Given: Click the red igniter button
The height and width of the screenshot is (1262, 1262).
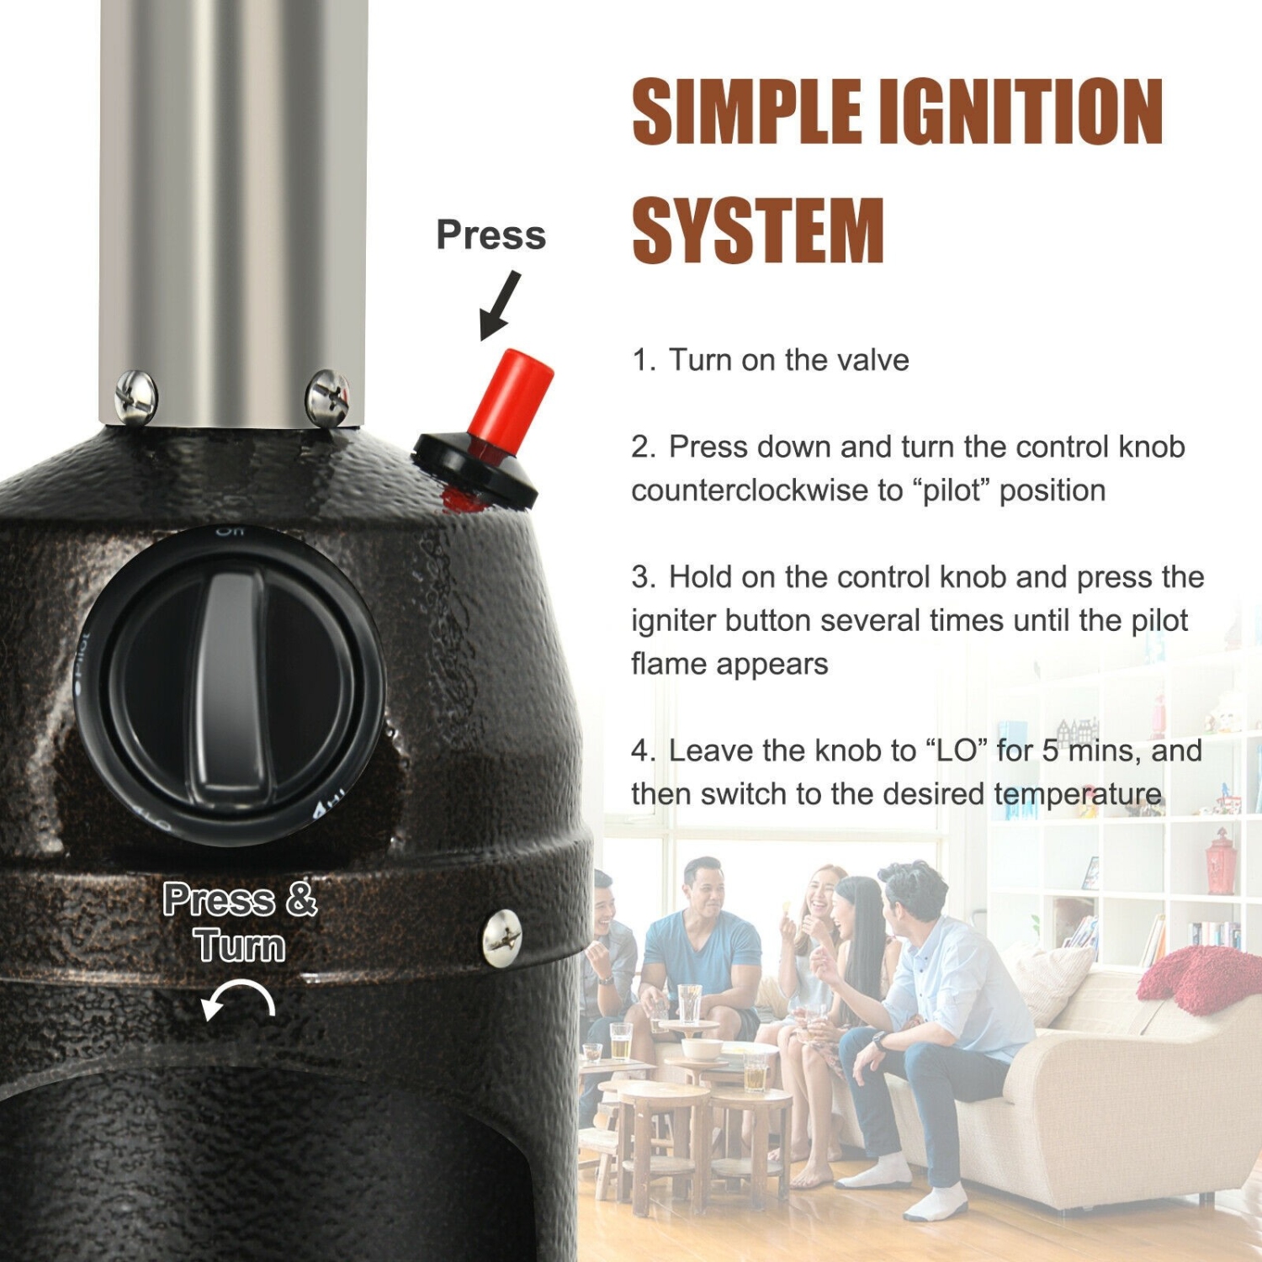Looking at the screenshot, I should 512,394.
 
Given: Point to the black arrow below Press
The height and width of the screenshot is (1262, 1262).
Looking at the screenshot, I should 500,305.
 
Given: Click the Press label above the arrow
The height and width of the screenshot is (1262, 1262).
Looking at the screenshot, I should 490,235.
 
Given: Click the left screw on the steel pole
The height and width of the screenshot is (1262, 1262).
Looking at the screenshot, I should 135,396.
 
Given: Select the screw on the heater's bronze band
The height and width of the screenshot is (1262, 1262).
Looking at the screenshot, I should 502,936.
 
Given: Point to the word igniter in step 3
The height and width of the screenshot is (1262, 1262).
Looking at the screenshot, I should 674,621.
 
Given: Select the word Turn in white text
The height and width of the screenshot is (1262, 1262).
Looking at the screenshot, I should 240,945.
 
